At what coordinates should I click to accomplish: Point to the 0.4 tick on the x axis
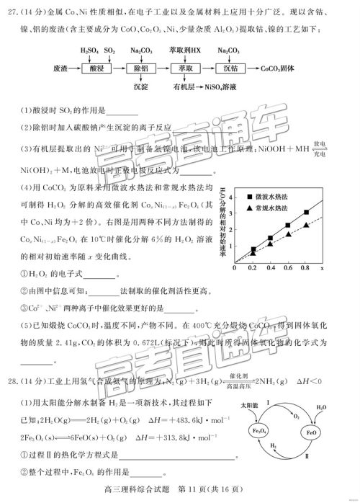(270, 267)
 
